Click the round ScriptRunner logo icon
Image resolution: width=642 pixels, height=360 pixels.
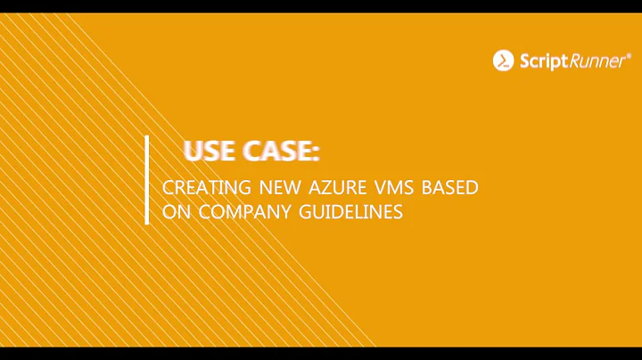(503, 61)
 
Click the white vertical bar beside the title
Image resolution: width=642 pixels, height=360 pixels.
(147, 180)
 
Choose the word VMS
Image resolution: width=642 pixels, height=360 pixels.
(394, 189)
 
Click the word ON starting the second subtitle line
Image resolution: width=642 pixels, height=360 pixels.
(175, 213)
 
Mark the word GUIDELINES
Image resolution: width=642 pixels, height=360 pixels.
(350, 213)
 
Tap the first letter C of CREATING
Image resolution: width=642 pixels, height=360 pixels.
(168, 189)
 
